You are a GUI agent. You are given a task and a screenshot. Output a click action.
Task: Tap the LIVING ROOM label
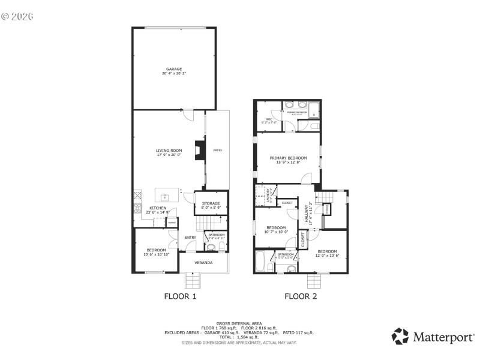pos(169,151)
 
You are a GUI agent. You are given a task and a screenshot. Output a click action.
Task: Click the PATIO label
pos(217,150)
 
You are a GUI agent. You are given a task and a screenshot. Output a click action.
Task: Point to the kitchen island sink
pos(164,196)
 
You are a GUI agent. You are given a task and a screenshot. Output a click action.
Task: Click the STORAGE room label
pos(211,203)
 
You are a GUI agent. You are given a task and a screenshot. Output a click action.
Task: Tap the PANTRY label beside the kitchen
pos(172,223)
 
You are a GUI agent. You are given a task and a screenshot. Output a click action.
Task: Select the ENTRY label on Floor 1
pos(190,238)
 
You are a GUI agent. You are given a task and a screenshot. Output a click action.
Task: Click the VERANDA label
pos(203,263)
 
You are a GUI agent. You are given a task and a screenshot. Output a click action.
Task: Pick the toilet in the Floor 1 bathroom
pos(211,246)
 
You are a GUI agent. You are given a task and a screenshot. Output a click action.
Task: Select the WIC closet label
pos(269,119)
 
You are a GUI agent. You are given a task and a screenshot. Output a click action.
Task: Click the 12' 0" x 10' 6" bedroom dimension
pos(327,256)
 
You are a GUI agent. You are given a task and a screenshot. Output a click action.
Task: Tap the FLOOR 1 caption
pos(180,296)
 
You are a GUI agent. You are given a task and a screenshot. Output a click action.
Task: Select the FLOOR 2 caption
pos(300,296)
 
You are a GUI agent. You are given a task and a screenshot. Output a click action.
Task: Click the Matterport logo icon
pos(400,336)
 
